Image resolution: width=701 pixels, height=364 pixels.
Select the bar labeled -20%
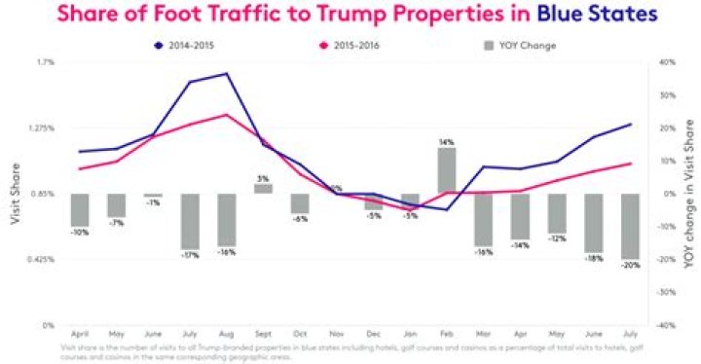tap(632, 226)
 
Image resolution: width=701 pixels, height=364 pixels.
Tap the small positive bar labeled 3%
tap(263, 189)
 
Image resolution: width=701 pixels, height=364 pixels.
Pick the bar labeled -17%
tap(190, 221)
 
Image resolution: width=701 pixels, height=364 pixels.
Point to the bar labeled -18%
tap(595, 223)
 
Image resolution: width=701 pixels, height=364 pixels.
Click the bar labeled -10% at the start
tap(80, 210)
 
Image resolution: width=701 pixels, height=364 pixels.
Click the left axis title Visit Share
tap(16, 194)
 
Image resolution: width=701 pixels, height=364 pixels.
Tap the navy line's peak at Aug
tap(226, 74)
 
